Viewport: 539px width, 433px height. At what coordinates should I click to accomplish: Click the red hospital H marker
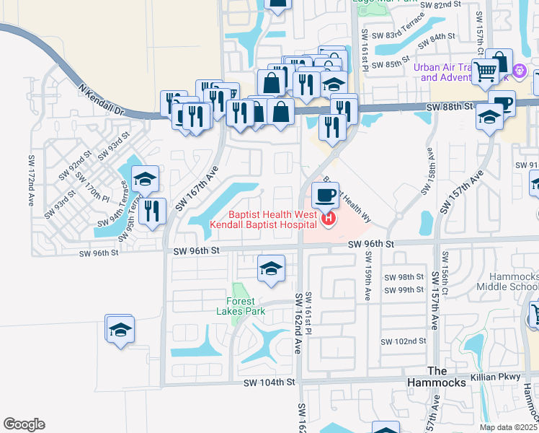coord(329,218)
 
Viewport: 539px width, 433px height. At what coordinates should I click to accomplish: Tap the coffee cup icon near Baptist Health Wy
coord(326,194)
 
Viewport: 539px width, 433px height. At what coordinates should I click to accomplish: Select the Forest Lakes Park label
coord(246,307)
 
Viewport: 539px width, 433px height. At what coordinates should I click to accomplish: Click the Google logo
coord(24,424)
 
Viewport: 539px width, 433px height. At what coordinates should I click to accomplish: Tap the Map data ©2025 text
coord(508,427)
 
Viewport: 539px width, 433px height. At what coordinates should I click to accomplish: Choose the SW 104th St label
coord(269,382)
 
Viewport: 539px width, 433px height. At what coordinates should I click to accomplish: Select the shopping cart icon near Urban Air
coord(486,71)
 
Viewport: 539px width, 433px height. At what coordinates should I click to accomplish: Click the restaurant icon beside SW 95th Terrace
coord(151,211)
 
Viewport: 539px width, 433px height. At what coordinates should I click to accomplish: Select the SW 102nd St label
coord(404,341)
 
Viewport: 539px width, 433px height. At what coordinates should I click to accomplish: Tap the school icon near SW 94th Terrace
coord(146,179)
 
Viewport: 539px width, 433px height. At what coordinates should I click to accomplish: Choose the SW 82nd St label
coord(442,4)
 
